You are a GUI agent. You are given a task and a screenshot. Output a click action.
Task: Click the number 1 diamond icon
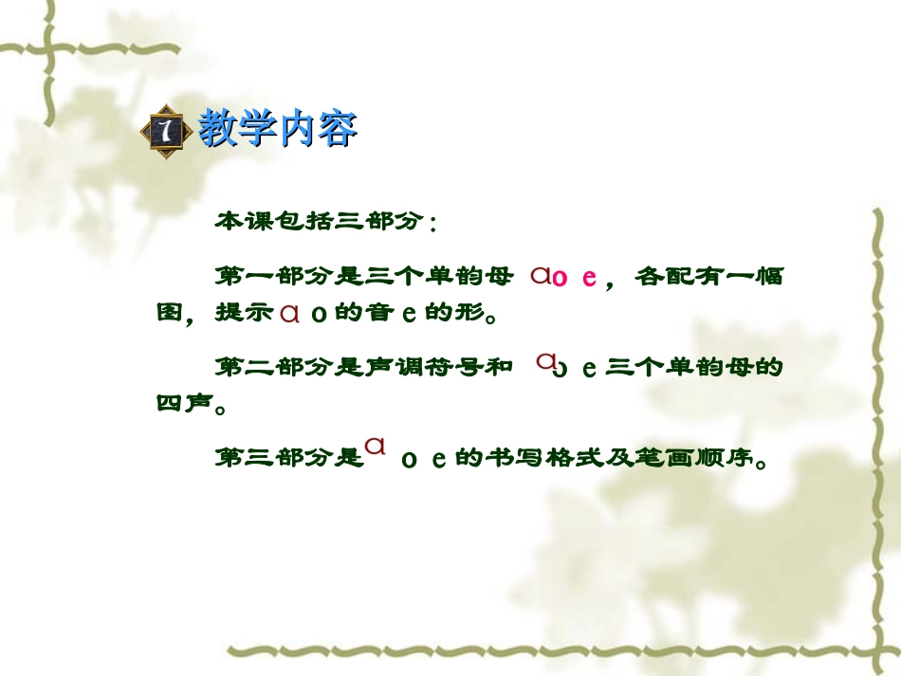tap(168, 131)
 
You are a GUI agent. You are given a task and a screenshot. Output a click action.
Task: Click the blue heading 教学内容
tap(277, 129)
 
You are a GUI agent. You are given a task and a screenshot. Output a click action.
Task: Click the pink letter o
tap(560, 278)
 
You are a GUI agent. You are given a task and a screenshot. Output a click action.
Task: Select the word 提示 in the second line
tap(245, 313)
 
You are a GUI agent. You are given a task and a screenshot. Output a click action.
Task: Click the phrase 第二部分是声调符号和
tap(364, 366)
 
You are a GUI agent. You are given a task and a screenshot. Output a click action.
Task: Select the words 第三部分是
tap(289, 459)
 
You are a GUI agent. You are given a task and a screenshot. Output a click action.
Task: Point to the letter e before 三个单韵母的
tap(588, 369)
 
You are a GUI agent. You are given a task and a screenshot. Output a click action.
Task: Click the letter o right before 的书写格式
tap(410, 461)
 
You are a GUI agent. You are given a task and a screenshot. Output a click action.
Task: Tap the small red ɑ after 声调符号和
tap(545, 360)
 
